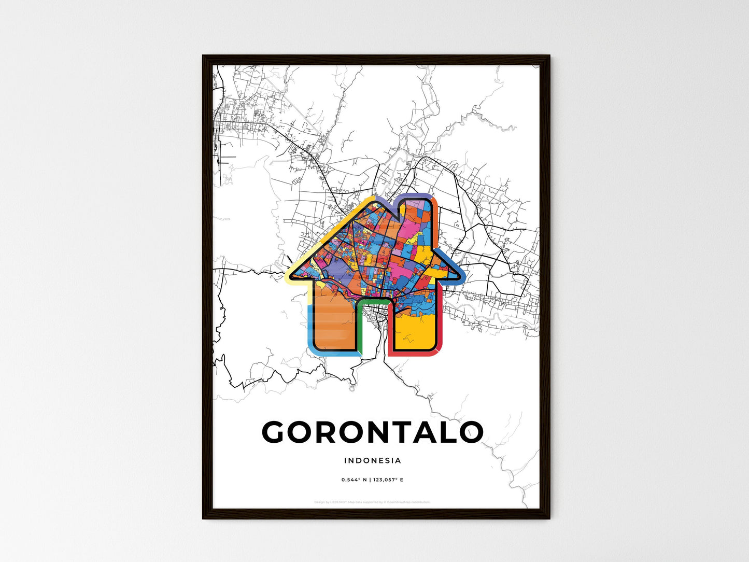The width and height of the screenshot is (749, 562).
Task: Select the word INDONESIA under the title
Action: [372, 460]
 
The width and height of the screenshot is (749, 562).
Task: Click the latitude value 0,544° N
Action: [354, 480]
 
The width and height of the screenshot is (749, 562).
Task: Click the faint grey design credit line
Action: [372, 502]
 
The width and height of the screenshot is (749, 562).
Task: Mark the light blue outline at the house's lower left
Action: [311, 332]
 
